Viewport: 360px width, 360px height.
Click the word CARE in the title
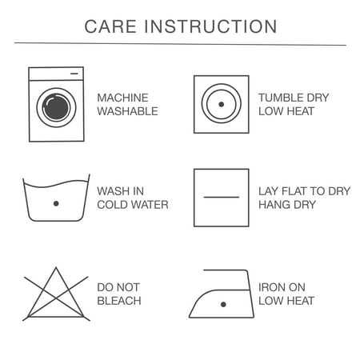click(110, 26)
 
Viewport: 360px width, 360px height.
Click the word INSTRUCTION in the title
click(210, 26)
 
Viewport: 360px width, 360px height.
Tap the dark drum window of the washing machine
click(56, 107)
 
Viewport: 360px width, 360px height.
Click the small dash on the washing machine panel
click(74, 74)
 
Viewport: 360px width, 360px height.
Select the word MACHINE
click(122, 98)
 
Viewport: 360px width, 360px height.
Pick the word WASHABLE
click(127, 111)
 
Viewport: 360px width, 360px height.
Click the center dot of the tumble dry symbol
click(221, 104)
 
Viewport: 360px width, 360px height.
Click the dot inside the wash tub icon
click(56, 203)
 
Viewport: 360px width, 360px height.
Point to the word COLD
click(112, 205)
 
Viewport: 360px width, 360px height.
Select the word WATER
click(150, 205)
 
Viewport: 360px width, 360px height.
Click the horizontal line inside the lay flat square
click(222, 197)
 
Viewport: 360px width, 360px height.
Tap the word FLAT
click(294, 191)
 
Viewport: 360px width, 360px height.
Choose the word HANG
click(274, 205)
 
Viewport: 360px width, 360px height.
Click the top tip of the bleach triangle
click(56, 267)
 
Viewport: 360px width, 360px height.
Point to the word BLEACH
click(119, 301)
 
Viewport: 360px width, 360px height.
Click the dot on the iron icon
click(223, 304)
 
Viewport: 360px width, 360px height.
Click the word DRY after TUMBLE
click(318, 98)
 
